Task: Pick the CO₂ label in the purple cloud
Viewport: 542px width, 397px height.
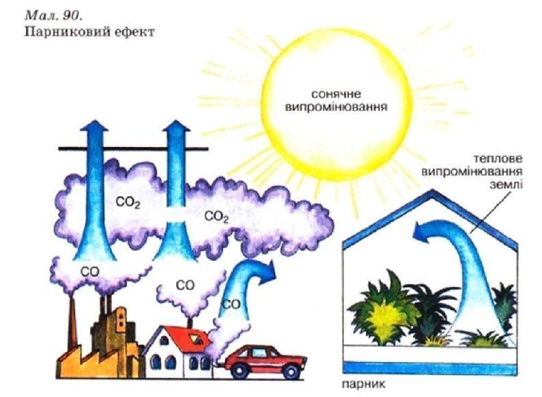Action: pos(216,217)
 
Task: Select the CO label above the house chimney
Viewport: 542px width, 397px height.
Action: pos(185,284)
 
